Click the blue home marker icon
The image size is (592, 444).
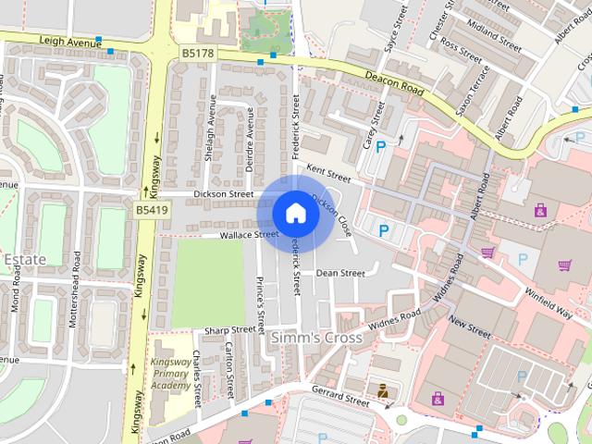[x=295, y=214]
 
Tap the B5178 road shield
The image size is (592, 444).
[x=197, y=54]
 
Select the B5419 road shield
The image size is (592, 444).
[x=152, y=211]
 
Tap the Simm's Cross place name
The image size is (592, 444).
[x=315, y=339]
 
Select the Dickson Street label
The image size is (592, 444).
[x=224, y=194]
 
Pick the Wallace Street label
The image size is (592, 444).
[x=248, y=236]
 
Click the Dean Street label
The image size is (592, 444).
[x=340, y=273]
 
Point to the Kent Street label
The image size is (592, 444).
[x=329, y=173]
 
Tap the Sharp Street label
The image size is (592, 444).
[x=229, y=330]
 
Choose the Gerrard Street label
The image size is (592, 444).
[x=340, y=397]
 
